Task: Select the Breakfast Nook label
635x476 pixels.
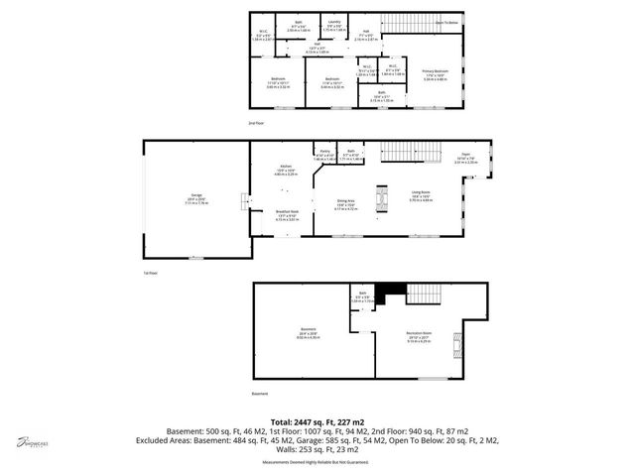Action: (x=287, y=212)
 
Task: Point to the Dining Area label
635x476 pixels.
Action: (x=344, y=205)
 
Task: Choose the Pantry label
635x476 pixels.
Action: (x=323, y=154)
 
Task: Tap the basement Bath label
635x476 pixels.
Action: (x=362, y=297)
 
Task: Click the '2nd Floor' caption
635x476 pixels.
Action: (x=256, y=122)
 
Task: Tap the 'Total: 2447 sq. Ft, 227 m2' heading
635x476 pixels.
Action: (x=317, y=420)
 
